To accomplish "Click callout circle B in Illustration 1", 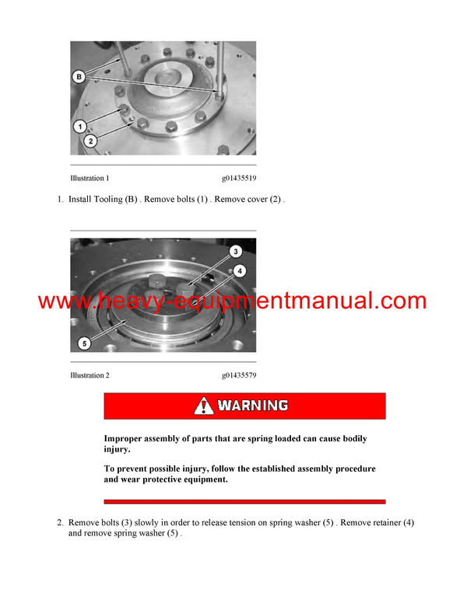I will pyautogui.click(x=79, y=76).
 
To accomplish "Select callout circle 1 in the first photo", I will pyautogui.click(x=79, y=126).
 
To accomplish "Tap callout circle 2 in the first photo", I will pyautogui.click(x=91, y=141).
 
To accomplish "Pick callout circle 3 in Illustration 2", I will pyautogui.click(x=236, y=252).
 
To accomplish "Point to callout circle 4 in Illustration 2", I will pyautogui.click(x=241, y=270).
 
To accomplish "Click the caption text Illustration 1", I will pyautogui.click(x=90, y=178).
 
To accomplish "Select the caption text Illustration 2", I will pyautogui.click(x=90, y=375).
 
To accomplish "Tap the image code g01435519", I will pyautogui.click(x=238, y=178).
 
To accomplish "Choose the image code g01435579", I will pyautogui.click(x=238, y=375).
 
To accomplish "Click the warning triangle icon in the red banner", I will pyautogui.click(x=204, y=406).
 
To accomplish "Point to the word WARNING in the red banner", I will pyautogui.click(x=253, y=406).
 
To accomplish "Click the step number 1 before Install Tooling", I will pyautogui.click(x=59, y=200).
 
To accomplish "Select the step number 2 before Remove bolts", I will pyautogui.click(x=59, y=523).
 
